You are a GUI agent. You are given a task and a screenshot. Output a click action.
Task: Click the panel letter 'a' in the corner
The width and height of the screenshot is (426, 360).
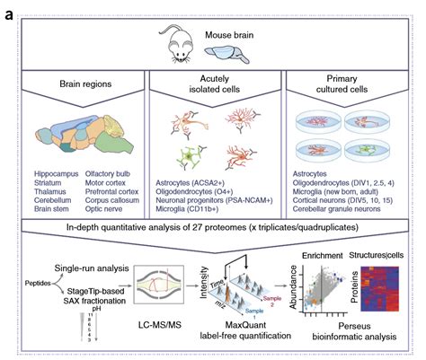coord(8,12)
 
